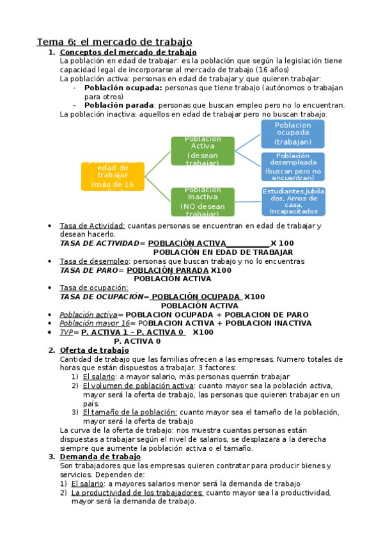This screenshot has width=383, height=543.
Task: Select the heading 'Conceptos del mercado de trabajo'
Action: coord(128,52)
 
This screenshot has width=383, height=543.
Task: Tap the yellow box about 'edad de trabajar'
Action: coord(113,175)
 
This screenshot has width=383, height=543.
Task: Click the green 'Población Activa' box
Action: coord(202,150)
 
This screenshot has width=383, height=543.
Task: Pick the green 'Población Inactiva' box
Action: coord(202,202)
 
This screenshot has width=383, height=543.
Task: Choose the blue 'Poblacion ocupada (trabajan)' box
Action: coord(292,133)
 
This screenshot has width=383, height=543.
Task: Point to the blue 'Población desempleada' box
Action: coord(292,166)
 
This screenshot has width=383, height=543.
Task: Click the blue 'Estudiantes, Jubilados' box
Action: coord(293,201)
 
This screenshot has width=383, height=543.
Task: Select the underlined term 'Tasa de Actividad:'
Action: coord(93,226)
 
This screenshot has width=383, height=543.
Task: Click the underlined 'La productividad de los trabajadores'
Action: coord(137,492)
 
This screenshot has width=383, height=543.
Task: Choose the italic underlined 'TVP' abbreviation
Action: coord(66,332)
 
